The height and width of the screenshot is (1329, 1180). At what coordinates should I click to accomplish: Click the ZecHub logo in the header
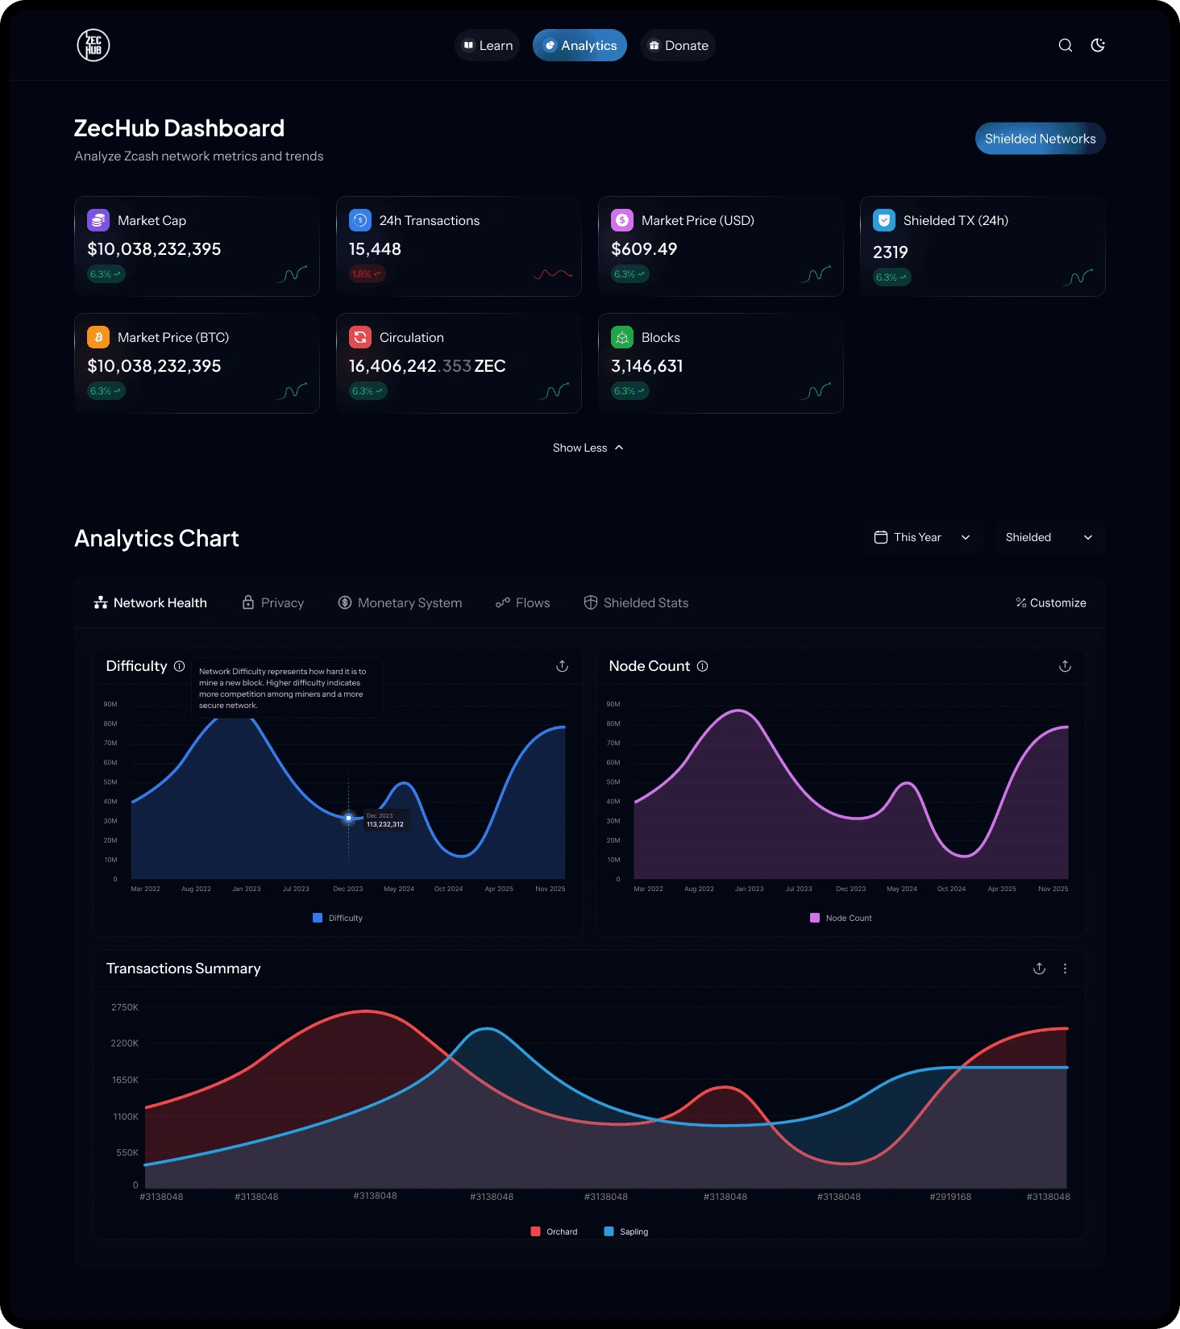click(93, 45)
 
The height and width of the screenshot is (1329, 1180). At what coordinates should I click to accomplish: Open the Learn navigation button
click(487, 46)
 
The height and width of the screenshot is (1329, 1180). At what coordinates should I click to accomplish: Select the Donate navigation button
click(678, 46)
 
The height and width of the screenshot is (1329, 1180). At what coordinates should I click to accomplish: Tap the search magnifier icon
click(1065, 45)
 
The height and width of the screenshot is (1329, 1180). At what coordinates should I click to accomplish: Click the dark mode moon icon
click(1098, 45)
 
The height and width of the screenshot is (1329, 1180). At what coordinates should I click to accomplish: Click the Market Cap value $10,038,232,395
click(154, 249)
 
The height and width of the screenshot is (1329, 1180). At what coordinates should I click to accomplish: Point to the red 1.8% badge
click(367, 274)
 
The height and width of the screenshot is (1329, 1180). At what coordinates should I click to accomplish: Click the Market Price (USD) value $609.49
click(644, 249)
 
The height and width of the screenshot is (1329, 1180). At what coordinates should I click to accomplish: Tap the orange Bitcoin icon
click(98, 337)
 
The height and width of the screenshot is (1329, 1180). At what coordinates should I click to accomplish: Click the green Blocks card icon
click(622, 337)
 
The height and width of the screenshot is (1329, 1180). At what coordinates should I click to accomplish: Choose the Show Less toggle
click(588, 448)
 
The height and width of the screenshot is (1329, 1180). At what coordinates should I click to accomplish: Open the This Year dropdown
click(923, 537)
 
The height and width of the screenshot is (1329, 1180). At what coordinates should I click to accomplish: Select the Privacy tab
click(273, 602)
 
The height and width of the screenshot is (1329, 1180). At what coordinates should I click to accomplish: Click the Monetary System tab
click(400, 602)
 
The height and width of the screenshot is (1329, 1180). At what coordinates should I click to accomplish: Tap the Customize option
click(1051, 602)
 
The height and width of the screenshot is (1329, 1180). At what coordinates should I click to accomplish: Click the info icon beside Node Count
click(703, 666)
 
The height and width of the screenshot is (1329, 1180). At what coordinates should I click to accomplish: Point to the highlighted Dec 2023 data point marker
click(348, 818)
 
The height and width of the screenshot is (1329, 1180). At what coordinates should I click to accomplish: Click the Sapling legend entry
click(626, 1231)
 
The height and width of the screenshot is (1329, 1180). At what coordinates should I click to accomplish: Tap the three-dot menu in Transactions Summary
click(1065, 969)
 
